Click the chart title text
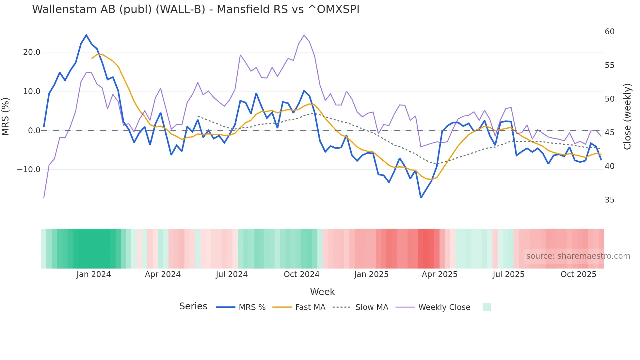[196, 9]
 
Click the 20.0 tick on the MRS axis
[32, 52]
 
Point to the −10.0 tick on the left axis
[29, 170]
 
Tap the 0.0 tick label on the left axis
[34, 131]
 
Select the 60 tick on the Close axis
[609, 32]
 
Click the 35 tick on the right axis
[609, 200]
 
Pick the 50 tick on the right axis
[609, 99]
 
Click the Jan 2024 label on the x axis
[94, 274]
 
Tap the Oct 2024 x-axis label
[301, 274]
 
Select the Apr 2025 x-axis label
[440, 274]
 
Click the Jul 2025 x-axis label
[508, 274]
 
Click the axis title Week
[322, 292]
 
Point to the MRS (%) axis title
[6, 117]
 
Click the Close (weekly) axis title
[627, 117]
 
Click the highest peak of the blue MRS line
[86, 35]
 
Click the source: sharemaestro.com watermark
[578, 256]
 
